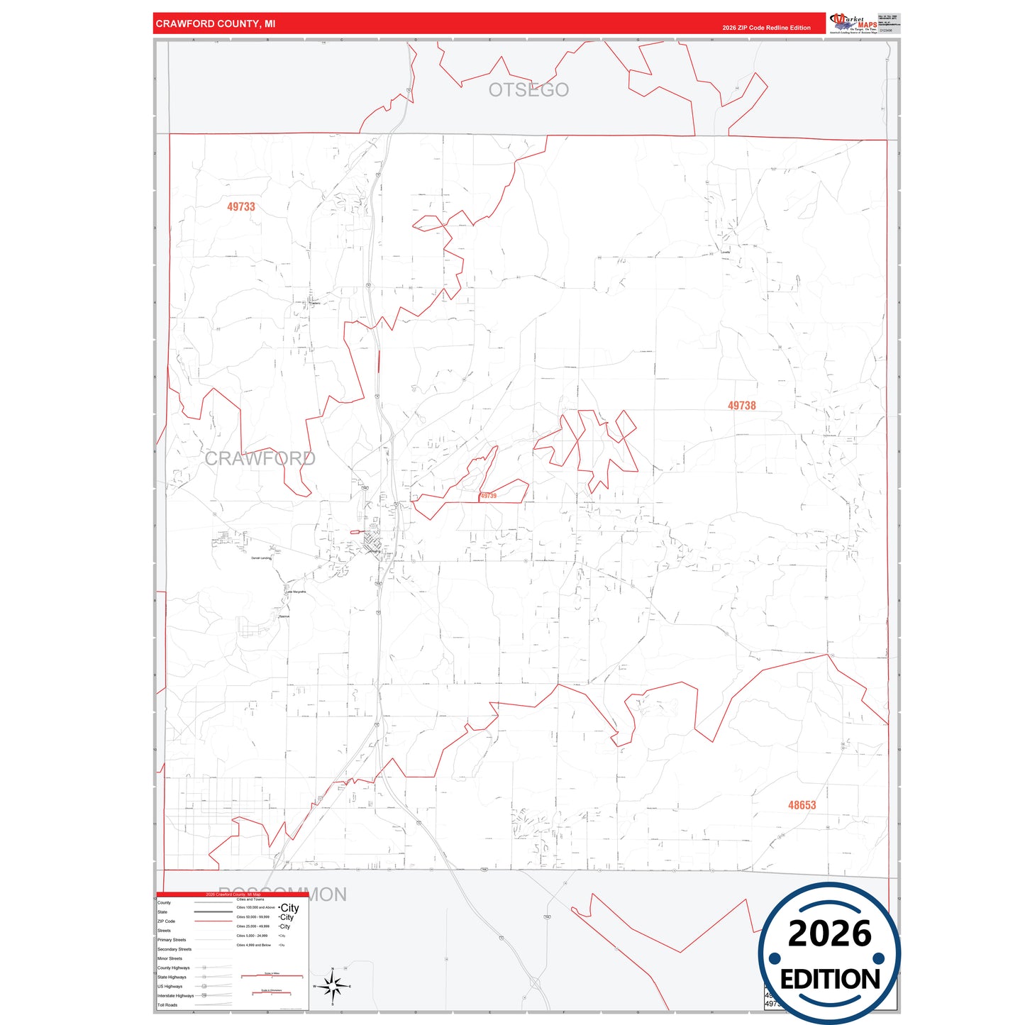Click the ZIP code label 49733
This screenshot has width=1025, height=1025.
(240, 207)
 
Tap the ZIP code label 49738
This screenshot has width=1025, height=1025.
(741, 406)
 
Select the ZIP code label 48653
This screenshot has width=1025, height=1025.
(802, 805)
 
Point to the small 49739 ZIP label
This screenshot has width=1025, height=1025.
(488, 496)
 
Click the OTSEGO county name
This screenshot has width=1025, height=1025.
(528, 90)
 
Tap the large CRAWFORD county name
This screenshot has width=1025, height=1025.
(260, 459)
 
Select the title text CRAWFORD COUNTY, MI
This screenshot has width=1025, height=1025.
(216, 24)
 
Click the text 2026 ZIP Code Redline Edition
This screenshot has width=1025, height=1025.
(766, 28)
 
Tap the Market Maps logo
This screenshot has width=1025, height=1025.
(853, 23)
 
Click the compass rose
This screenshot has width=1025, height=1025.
(332, 986)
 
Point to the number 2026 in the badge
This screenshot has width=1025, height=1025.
(829, 933)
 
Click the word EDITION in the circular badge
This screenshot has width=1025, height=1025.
(829, 980)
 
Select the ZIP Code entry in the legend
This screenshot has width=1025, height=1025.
(167, 921)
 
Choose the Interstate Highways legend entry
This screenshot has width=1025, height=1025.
(175, 996)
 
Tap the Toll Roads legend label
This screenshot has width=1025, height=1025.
(167, 1005)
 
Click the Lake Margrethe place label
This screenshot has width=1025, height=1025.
(296, 592)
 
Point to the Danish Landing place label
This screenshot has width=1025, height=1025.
(261, 558)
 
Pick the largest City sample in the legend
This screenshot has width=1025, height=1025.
(289, 908)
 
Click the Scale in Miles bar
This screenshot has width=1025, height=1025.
(272, 976)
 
